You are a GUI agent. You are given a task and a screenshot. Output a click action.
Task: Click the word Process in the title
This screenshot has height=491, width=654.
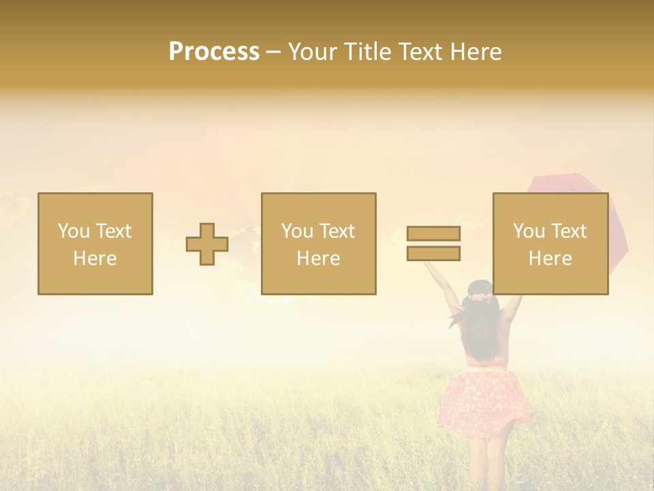pyautogui.click(x=214, y=51)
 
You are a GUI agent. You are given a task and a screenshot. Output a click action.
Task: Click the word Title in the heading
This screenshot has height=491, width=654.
pyautogui.click(x=369, y=51)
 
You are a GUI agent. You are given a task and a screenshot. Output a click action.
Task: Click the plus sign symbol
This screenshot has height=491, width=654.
pyautogui.click(x=207, y=244)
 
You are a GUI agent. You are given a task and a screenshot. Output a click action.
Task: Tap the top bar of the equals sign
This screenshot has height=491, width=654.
pyautogui.click(x=433, y=233)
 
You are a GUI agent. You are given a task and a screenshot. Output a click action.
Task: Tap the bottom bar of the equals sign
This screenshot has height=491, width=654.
pyautogui.click(x=433, y=254)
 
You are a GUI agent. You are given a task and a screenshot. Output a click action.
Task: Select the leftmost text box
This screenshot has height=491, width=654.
pyautogui.click(x=95, y=243)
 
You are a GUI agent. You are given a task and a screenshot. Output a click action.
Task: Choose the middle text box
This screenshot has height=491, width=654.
pyautogui.click(x=318, y=243)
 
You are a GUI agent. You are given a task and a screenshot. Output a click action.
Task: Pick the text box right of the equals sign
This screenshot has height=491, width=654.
pyautogui.click(x=550, y=243)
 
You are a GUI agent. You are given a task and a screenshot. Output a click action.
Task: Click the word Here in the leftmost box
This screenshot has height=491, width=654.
pyautogui.click(x=95, y=258)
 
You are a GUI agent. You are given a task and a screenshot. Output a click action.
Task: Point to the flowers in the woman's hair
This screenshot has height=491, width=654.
pyautogui.click(x=481, y=297)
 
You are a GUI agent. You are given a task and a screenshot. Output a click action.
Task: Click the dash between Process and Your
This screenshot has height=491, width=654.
pyautogui.click(x=274, y=51)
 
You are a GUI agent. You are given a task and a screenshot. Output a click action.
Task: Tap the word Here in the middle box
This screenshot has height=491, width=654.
pyautogui.click(x=318, y=258)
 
